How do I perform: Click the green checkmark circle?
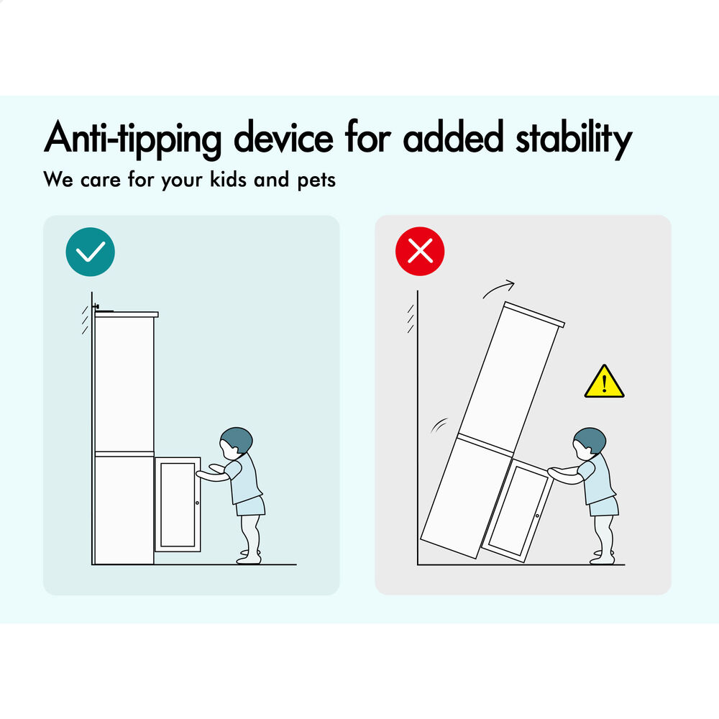pyautogui.click(x=91, y=252)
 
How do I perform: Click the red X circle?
pyautogui.click(x=420, y=251)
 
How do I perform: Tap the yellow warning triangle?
pyautogui.click(x=605, y=382)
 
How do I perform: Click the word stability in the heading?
pyautogui.click(x=574, y=139)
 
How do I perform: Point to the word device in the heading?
pyautogui.click(x=284, y=137)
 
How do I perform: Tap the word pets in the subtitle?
pyautogui.click(x=316, y=180)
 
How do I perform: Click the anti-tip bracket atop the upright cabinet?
pyautogui.click(x=102, y=308)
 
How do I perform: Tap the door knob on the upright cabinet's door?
pyautogui.click(x=197, y=503)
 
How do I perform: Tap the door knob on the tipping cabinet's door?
pyautogui.click(x=537, y=516)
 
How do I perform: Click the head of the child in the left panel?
pyautogui.click(x=236, y=442)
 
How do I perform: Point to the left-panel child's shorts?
pyautogui.click(x=250, y=506)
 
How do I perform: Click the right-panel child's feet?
pyautogui.click(x=602, y=557)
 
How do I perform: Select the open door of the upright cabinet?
pyautogui.click(x=178, y=504)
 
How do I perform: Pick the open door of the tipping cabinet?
pyautogui.click(x=516, y=510)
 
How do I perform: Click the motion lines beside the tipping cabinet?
pyautogui.click(x=439, y=425)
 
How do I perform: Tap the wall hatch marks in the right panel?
pyautogui.click(x=411, y=319)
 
